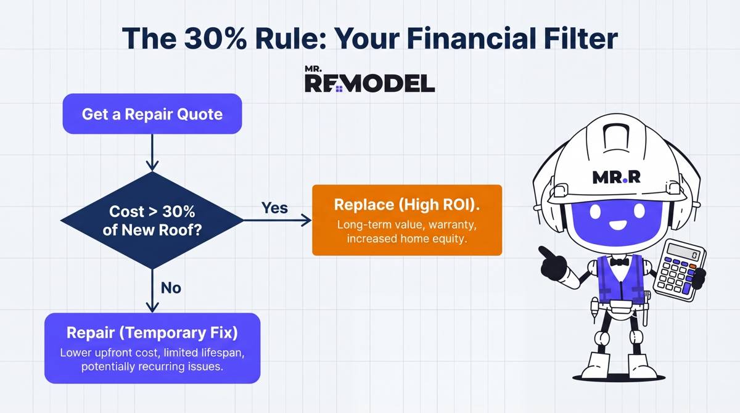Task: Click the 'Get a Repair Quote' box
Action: coord(152,114)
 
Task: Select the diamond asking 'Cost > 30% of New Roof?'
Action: coord(152,220)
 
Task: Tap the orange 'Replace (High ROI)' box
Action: coord(406,220)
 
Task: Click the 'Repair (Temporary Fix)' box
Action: coord(152,348)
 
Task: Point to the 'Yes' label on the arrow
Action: coord(274,208)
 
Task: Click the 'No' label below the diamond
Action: coord(171,287)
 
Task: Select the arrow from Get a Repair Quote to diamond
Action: coord(152,152)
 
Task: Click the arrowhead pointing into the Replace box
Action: coord(306,220)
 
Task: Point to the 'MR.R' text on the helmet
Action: coord(616,178)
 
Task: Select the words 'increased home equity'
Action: coord(406,239)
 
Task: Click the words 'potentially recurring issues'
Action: coord(152,367)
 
